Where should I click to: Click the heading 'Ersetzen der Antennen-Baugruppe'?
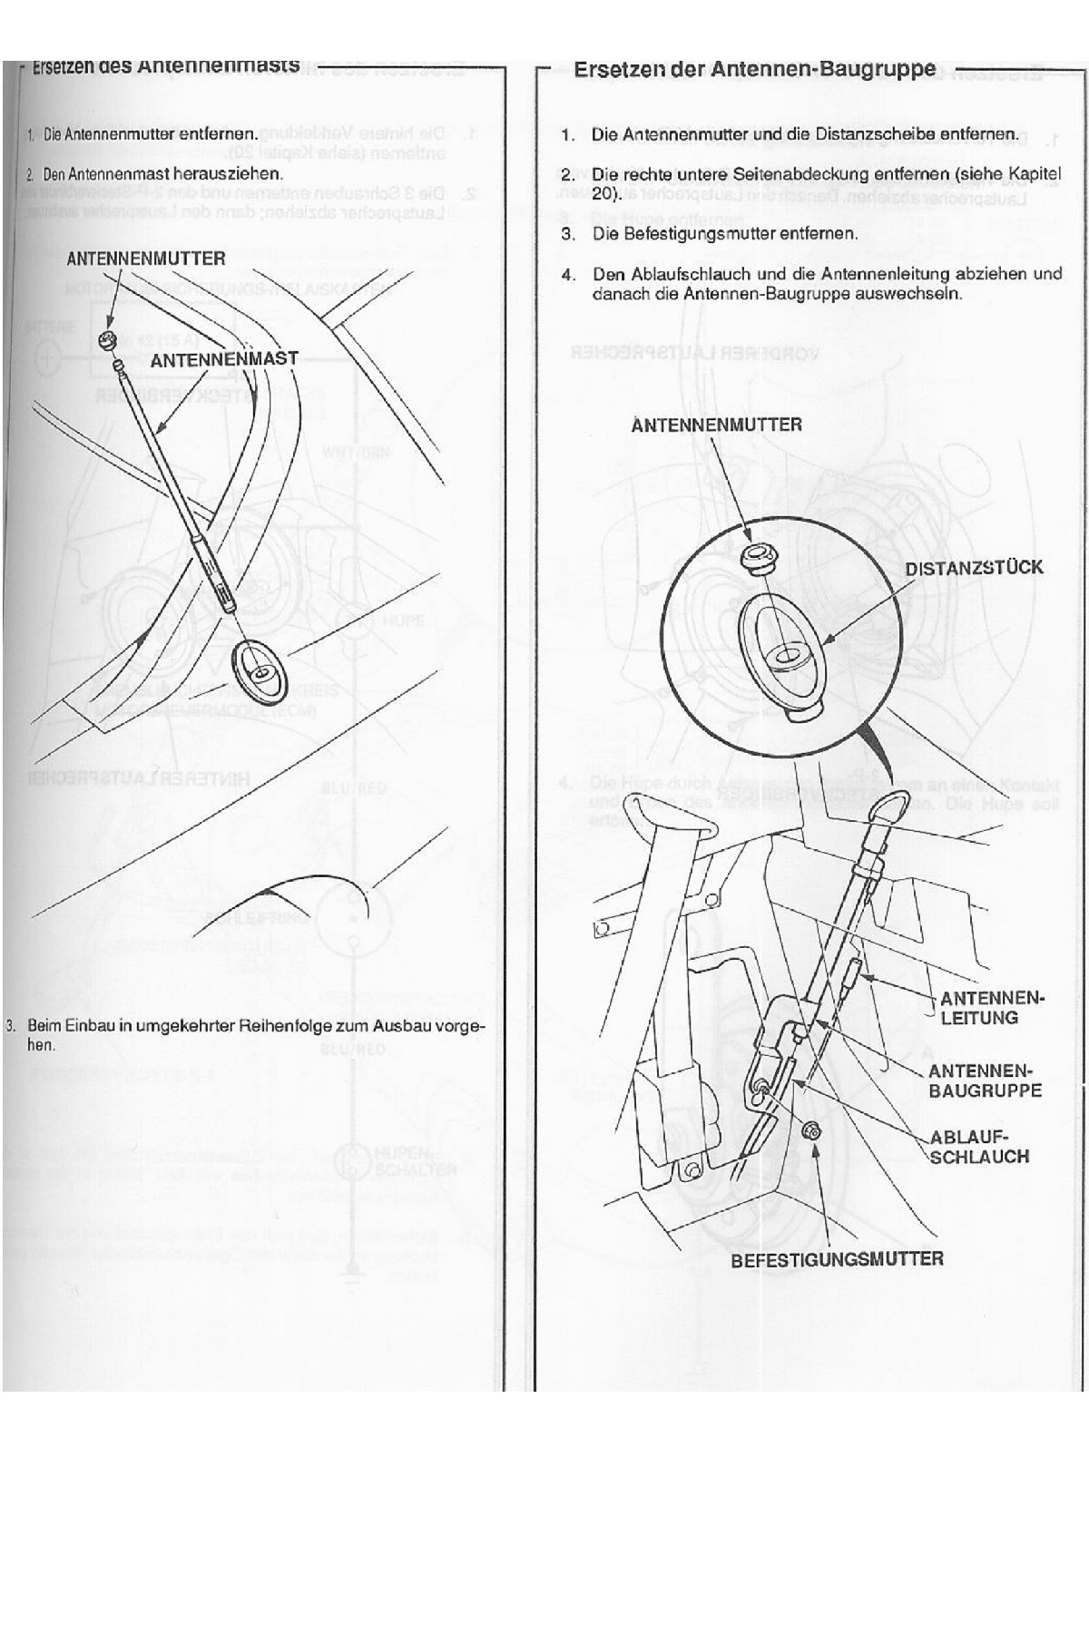(754, 69)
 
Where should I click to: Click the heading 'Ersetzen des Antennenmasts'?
(165, 66)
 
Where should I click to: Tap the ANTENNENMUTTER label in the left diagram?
(145, 259)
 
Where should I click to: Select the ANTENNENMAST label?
(223, 359)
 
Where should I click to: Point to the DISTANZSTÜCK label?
(974, 568)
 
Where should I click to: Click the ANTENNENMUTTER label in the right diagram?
(716, 425)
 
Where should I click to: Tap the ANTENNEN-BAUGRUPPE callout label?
(984, 1081)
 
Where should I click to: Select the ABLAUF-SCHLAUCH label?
(978, 1147)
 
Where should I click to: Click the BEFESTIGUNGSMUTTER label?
(837, 1259)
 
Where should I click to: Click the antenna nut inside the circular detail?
(755, 560)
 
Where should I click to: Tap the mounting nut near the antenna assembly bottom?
(813, 1129)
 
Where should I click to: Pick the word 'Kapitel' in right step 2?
(1035, 173)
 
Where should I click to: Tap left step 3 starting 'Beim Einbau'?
(254, 1034)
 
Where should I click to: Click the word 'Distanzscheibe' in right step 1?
(890, 134)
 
